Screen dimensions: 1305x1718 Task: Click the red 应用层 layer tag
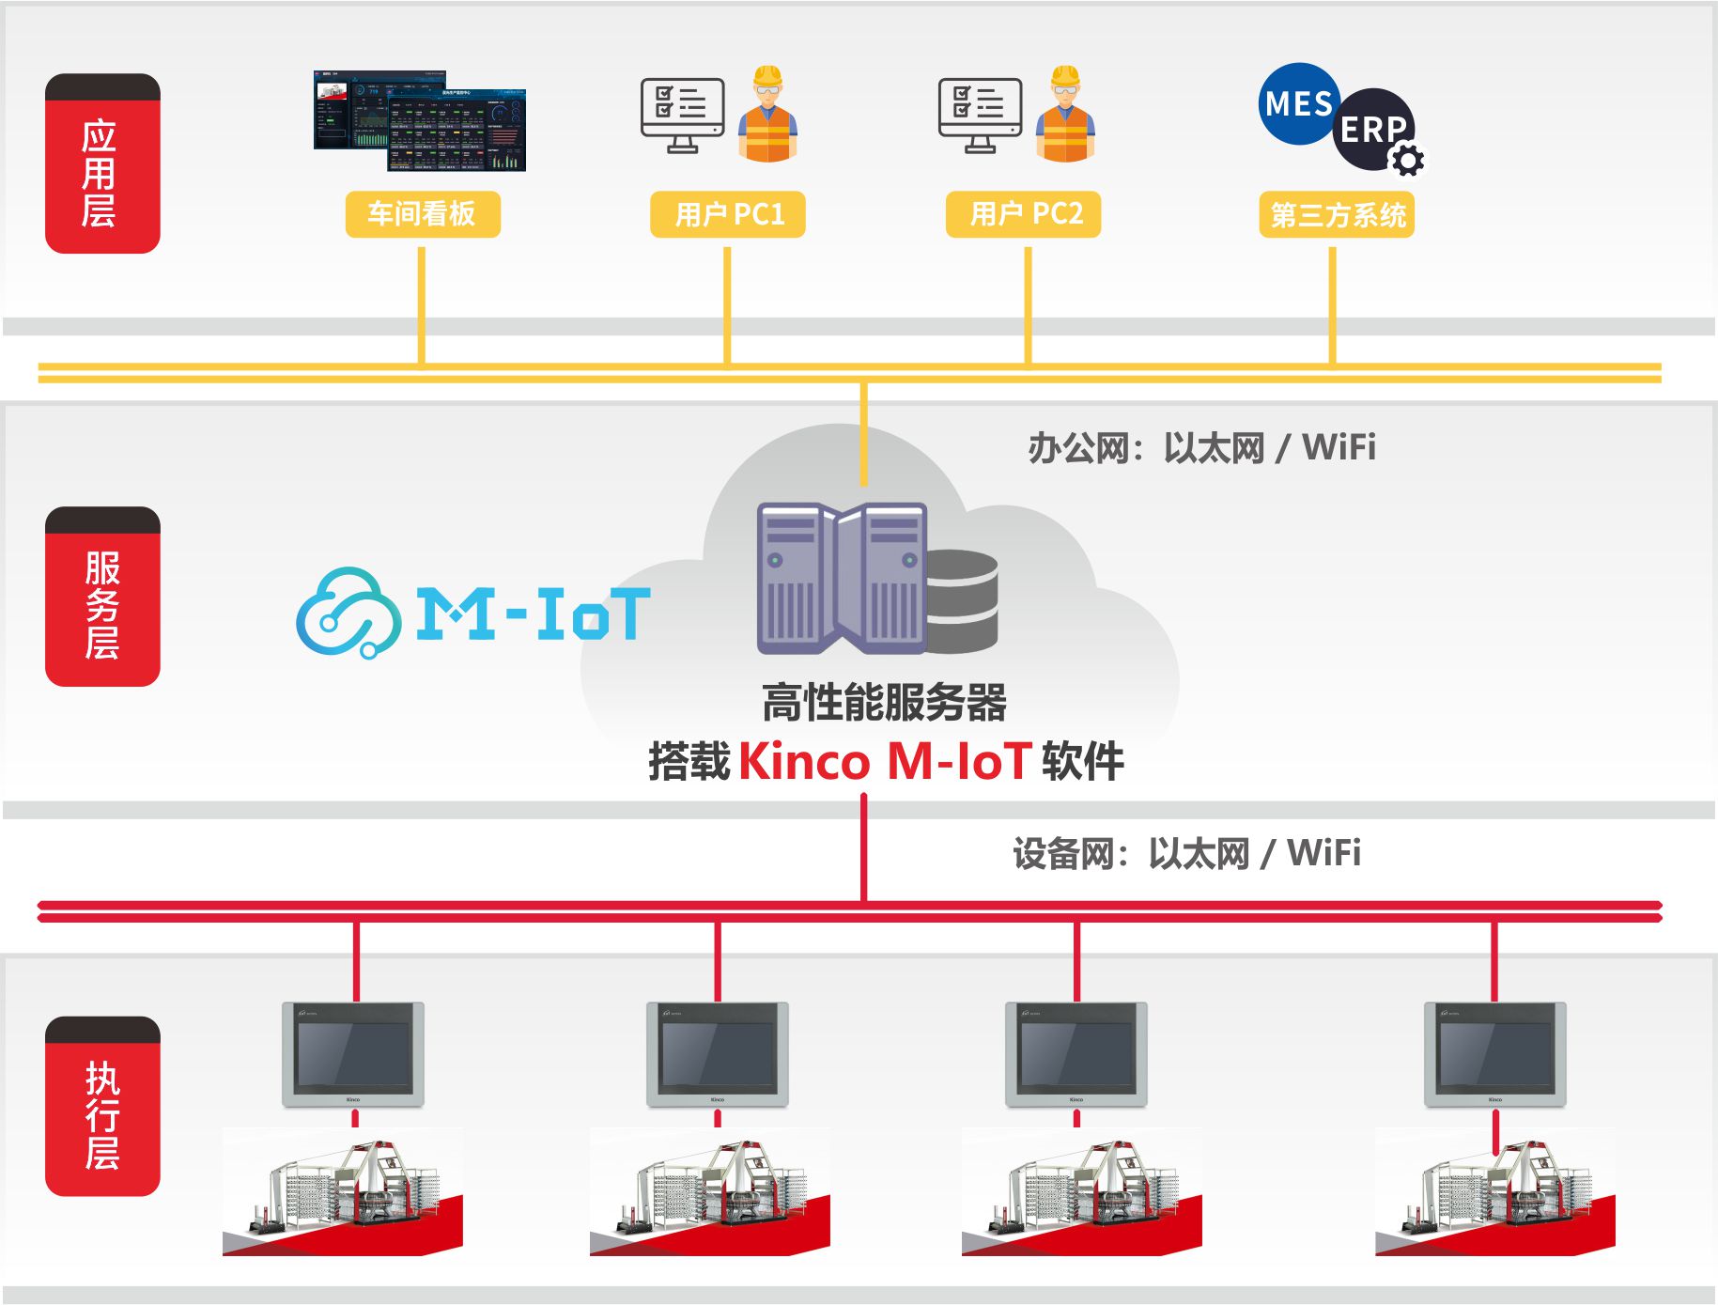coord(102,163)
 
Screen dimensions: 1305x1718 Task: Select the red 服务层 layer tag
coord(102,598)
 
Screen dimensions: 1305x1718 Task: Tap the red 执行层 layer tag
coord(102,1106)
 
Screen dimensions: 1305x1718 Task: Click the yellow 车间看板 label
coord(422,214)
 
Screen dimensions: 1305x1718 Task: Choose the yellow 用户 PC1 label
coord(728,214)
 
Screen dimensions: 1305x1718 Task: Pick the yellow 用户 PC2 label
coord(1024,214)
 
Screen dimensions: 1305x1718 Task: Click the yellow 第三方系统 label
coord(1337,215)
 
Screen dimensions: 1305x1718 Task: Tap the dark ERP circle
coord(1372,128)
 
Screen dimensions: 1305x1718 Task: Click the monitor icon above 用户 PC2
coord(980,115)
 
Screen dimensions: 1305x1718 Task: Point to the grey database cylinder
coord(962,601)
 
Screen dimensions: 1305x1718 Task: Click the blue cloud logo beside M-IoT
coord(348,613)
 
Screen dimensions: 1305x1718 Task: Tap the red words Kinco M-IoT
coord(885,761)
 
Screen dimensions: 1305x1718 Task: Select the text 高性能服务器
coord(884,703)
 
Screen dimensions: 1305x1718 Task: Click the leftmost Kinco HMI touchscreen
coord(353,1054)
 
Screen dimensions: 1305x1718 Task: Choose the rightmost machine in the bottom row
coord(1494,1192)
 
